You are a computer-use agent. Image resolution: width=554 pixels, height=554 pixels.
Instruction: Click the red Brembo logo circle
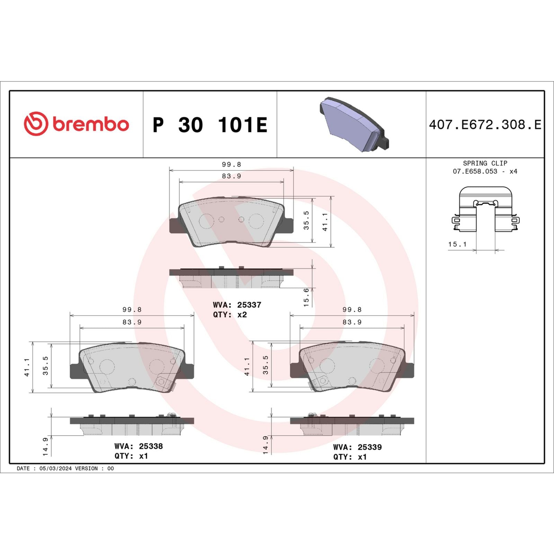coord(36,124)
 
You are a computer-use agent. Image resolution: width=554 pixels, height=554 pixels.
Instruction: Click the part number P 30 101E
coord(210,125)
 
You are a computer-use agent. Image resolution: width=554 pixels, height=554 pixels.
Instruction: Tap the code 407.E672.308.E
coord(485,125)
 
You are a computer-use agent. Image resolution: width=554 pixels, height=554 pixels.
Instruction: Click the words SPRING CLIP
coord(485,163)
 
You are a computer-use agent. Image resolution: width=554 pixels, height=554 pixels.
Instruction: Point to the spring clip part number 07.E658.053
coord(475,171)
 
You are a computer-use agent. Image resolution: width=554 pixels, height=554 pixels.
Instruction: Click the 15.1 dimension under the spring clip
coord(457,244)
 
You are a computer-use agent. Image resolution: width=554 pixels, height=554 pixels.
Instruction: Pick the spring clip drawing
coord(485,209)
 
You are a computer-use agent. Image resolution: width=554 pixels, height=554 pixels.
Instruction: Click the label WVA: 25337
coord(237,305)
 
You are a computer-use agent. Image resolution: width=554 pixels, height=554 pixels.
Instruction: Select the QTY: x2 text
coord(230,315)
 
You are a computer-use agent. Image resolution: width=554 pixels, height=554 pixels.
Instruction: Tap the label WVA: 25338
coord(138,446)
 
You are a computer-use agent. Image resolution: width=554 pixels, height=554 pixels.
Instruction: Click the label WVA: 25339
coord(357,447)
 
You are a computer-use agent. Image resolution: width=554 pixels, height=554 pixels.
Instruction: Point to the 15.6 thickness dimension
coord(306,297)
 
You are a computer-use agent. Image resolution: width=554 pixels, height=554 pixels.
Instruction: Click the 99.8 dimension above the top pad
coord(231,164)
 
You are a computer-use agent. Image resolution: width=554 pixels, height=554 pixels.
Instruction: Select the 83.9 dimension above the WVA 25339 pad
coord(352,322)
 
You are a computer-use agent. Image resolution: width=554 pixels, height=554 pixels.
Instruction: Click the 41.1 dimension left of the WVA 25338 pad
coord(27,367)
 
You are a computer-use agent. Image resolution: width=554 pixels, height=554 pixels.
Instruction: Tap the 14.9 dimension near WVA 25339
coord(266,445)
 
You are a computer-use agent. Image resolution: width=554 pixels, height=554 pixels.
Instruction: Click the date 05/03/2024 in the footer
coord(55,468)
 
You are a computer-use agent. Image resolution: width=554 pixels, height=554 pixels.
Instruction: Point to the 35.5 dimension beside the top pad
coord(306,220)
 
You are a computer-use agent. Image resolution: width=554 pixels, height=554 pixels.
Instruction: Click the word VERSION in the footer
coord(86,468)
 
